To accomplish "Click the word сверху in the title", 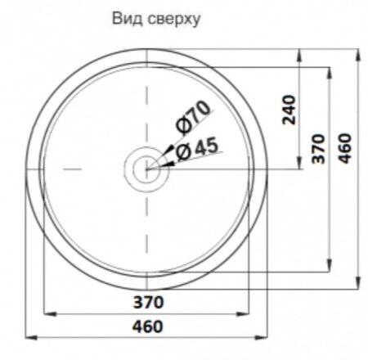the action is pyautogui.click(x=174, y=20).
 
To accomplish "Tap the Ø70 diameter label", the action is pyautogui.click(x=193, y=118).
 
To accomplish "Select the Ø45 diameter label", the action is pyautogui.click(x=198, y=149).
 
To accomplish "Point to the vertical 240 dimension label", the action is pyautogui.click(x=289, y=110).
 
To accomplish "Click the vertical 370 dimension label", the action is pyautogui.click(x=319, y=149).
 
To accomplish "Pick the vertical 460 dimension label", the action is pyautogui.click(x=345, y=149).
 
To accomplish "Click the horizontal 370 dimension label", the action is pyautogui.click(x=149, y=303).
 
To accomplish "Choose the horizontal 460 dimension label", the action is pyautogui.click(x=148, y=326).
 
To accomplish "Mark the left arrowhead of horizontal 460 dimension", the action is pyautogui.click(x=31, y=338).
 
